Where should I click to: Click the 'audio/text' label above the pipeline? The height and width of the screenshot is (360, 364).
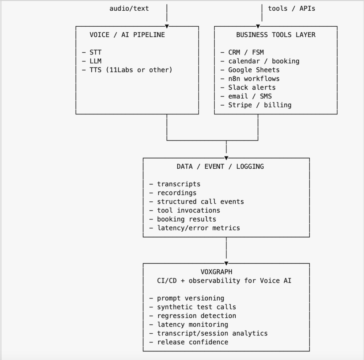tap(129, 8)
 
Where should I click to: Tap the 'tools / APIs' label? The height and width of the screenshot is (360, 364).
tap(291, 8)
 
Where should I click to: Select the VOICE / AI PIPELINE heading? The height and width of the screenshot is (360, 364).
tap(127, 35)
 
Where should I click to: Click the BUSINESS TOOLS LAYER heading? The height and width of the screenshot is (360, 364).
tap(276, 35)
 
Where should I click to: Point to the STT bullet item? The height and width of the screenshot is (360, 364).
tap(95, 52)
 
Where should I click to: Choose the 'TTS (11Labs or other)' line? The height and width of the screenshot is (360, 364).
tap(130, 70)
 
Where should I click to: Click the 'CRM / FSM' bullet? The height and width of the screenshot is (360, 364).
tap(246, 52)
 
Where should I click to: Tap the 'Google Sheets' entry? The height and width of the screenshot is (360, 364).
tap(254, 70)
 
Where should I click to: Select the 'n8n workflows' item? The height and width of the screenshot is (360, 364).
tap(254, 79)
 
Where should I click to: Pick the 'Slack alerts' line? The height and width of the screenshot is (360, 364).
tap(252, 87)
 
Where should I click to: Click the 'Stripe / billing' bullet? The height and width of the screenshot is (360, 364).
tap(259, 105)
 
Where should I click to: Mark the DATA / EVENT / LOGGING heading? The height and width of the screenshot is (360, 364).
tap(220, 166)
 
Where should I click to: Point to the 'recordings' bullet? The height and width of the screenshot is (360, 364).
tap(177, 193)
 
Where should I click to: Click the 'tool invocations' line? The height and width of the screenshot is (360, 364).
tap(188, 210)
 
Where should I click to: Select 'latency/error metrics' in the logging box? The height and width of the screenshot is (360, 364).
tap(198, 228)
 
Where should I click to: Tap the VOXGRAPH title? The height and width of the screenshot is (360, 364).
tap(216, 272)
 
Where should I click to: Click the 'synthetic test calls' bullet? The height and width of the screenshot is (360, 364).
tap(196, 307)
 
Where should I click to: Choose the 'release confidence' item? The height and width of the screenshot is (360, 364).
tap(192, 342)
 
